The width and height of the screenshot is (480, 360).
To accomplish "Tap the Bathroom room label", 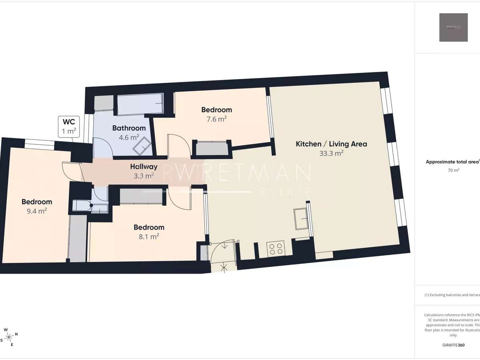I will click(129, 128).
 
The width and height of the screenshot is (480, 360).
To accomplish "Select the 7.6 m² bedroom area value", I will click(217, 119).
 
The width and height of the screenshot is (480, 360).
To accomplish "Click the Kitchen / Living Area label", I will click(331, 144).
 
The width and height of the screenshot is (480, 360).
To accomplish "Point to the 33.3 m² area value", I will click(331, 153).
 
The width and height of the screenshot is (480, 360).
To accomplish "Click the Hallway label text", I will click(144, 167).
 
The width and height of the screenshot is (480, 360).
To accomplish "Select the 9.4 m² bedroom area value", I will click(37, 211).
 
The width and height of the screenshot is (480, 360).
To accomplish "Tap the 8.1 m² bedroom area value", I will click(149, 236).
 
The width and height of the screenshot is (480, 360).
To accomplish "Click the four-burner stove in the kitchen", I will click(276, 249).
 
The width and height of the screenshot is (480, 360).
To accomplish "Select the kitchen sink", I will click(300, 219).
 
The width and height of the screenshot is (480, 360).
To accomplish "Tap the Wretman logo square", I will click(453, 27).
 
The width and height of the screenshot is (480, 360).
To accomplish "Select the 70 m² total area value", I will click(453, 170).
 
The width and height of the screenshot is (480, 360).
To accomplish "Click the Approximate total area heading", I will click(452, 162).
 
